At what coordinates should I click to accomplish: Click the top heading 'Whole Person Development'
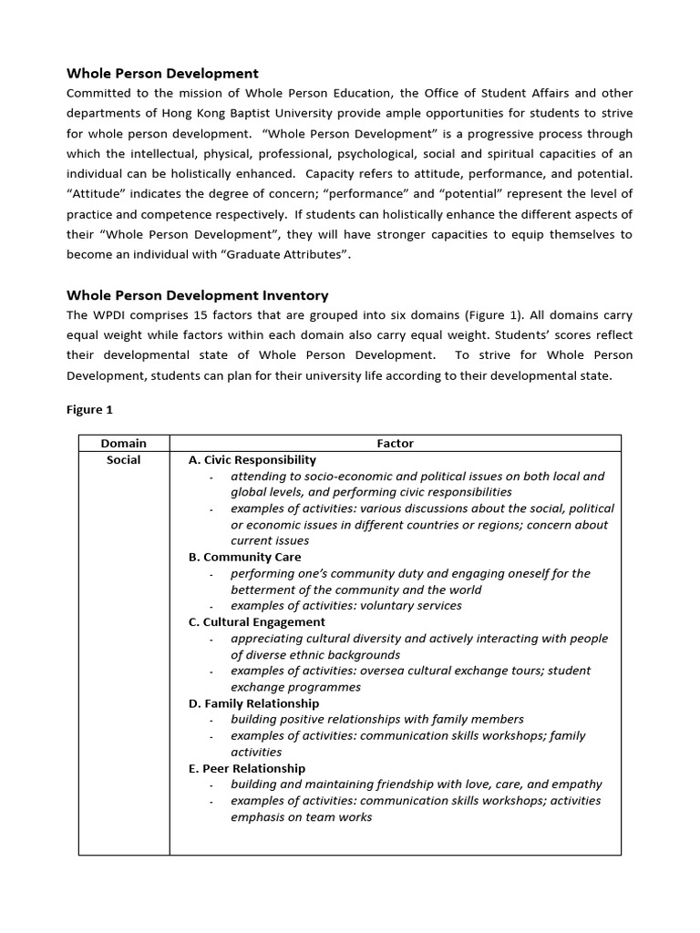[x=163, y=73]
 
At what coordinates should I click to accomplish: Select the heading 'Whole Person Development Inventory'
[x=198, y=295]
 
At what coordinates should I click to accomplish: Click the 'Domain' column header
[x=124, y=444]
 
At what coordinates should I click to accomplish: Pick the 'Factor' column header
[x=395, y=444]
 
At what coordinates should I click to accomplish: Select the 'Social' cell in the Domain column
[x=124, y=460]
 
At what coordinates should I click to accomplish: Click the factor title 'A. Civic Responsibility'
[x=252, y=460]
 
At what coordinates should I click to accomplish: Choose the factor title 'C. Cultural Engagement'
[x=256, y=622]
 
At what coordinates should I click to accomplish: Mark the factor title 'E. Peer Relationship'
[x=247, y=768]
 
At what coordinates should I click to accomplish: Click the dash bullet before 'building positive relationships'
[x=211, y=721]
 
